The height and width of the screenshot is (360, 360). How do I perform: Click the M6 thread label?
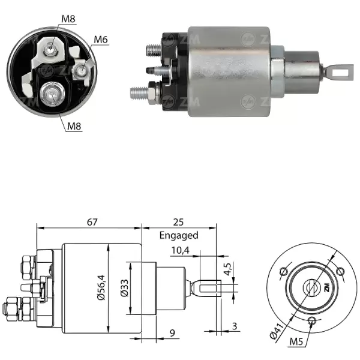[101, 40]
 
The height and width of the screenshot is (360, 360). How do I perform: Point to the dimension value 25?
[179, 221]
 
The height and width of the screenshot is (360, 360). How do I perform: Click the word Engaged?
[179, 236]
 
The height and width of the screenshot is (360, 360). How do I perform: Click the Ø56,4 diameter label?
[103, 287]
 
